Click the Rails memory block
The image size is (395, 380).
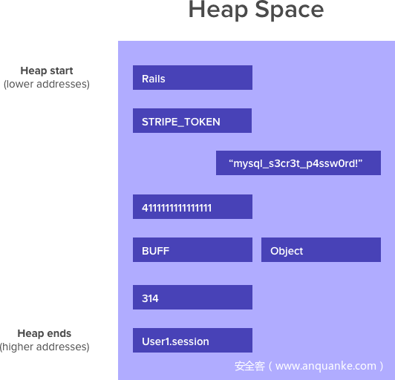(192, 78)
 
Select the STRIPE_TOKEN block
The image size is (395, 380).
(192, 121)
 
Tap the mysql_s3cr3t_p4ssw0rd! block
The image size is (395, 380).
(298, 163)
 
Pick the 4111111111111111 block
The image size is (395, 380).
(192, 207)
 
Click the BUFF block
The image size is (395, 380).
(192, 250)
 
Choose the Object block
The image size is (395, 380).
(321, 250)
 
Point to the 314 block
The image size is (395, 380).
(192, 297)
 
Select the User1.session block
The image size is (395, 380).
(192, 340)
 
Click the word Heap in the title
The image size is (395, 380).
(218, 10)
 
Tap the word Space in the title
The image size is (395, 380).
(290, 10)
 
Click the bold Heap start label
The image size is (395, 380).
(47, 71)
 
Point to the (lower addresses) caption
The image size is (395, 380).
(47, 84)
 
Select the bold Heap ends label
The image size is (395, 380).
(45, 333)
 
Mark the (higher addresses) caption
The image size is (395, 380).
(45, 347)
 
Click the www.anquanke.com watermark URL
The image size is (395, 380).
(326, 366)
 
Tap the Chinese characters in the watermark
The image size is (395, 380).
(249, 366)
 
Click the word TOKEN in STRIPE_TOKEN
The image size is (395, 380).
(202, 122)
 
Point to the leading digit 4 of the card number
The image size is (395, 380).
(145, 208)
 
